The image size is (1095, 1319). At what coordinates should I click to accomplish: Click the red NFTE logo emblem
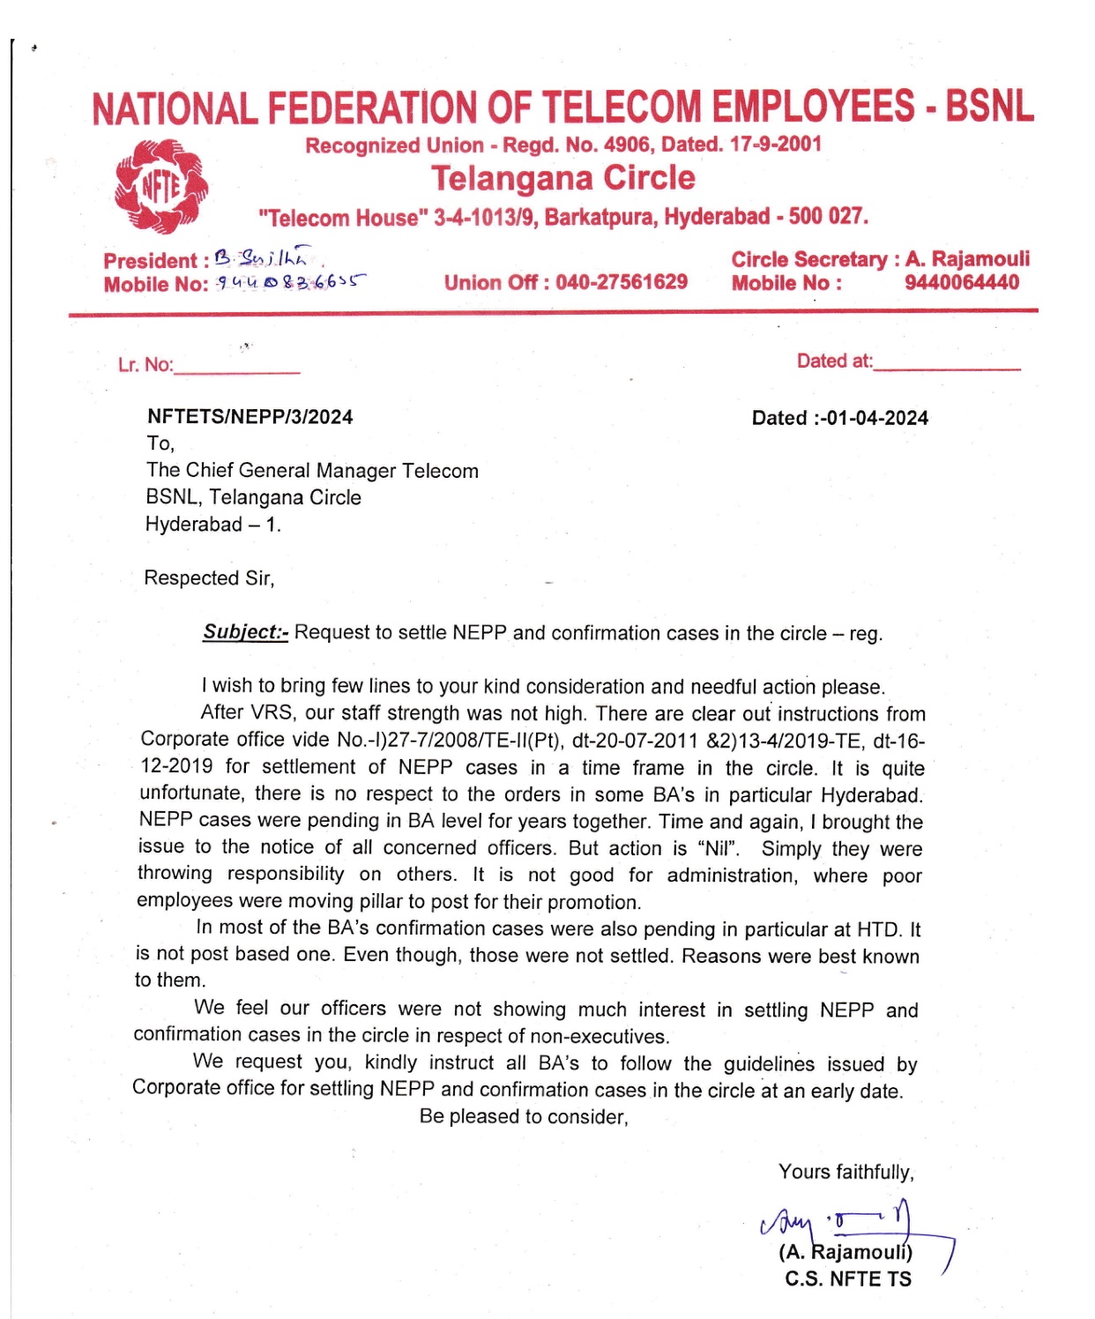pos(161,186)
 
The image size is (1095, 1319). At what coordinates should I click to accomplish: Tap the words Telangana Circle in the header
pos(562,178)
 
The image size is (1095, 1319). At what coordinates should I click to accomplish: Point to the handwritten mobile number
pos(291,283)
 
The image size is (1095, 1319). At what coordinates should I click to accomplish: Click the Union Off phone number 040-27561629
pos(622,282)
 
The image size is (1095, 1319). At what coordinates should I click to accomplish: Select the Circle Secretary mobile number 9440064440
pos(961,282)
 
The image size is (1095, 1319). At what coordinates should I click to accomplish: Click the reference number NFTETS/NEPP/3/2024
pos(250,417)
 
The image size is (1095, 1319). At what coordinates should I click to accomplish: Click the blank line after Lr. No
pos(237,369)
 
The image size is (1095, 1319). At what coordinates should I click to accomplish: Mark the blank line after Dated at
pos(947,364)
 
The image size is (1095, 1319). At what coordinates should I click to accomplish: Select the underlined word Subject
pos(244,632)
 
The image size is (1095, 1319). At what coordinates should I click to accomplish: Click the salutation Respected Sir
pos(209,578)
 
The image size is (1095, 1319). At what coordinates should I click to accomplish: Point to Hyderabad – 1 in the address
pos(212,525)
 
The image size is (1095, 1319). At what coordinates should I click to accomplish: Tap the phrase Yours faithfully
pos(845,1172)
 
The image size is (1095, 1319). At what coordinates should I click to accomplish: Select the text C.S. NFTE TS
pos(848,1279)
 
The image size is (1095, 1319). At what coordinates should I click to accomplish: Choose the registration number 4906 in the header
pos(626,145)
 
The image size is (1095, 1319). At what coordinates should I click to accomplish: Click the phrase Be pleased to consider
pos(524,1117)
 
